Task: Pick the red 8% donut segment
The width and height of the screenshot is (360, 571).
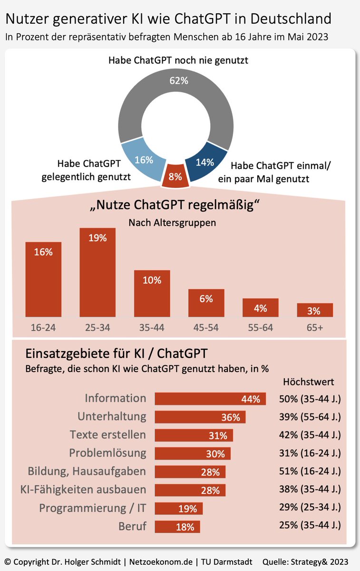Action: [175, 177]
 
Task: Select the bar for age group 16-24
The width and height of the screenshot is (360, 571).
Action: [43, 279]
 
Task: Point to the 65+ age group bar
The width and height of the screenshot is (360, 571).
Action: [315, 310]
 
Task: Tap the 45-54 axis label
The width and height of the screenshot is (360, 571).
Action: [206, 328]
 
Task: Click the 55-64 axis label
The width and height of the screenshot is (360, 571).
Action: [261, 328]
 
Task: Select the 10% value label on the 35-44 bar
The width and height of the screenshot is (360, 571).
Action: [152, 280]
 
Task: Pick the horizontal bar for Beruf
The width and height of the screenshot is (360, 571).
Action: [177, 527]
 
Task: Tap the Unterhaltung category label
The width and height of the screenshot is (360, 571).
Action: [112, 416]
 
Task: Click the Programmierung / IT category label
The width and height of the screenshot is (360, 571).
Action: [92, 508]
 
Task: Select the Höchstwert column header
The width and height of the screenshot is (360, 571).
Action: [308, 382]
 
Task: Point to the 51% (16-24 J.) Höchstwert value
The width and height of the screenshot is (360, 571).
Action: [310, 472]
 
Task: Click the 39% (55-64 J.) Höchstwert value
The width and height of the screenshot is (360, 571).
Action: [310, 417]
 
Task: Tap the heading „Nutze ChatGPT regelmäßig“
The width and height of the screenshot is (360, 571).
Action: [176, 207]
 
